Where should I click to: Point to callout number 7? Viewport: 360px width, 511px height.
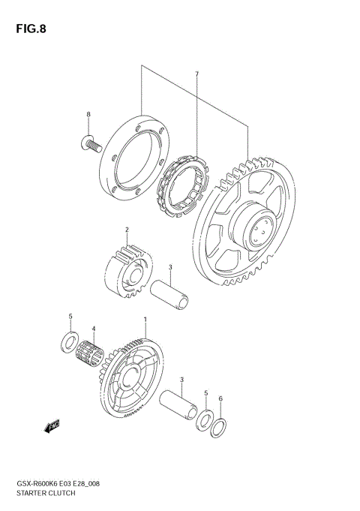click(196, 74)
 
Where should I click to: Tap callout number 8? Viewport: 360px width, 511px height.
click(88, 114)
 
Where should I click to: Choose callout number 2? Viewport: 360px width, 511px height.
click(127, 230)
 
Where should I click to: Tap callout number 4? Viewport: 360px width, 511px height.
click(94, 329)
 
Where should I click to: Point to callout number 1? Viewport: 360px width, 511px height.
click(145, 319)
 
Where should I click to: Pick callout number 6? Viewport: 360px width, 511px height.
click(220, 398)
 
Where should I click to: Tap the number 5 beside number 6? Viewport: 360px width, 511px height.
click(206, 392)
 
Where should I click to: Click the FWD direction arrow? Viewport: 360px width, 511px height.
click(52, 427)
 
